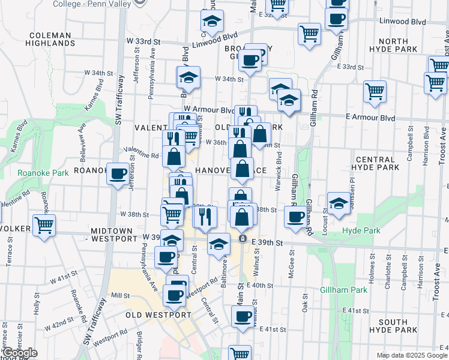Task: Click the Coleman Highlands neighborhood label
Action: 50,39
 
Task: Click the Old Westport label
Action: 158,315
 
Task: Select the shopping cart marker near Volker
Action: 44,226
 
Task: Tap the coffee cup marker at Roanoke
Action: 118,174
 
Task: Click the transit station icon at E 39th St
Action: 243,239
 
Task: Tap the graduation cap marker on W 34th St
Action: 188,77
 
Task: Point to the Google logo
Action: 19,353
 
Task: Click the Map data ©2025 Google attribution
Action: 411,355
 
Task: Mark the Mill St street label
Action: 121,296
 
